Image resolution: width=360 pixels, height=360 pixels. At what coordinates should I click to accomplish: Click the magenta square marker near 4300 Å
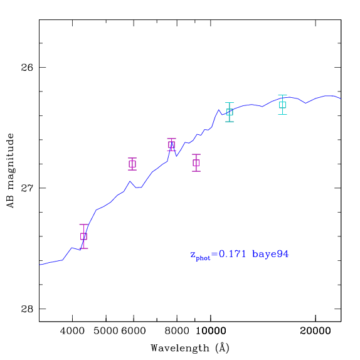83,236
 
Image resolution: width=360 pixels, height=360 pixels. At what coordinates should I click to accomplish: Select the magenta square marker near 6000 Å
132,164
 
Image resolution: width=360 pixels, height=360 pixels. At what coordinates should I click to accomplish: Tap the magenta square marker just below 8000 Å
171,145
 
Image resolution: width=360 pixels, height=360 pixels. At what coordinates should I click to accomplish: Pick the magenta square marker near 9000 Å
196,163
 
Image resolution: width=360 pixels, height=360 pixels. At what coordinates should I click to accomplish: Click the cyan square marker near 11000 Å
230,112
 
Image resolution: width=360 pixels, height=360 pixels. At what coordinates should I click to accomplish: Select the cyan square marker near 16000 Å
282,105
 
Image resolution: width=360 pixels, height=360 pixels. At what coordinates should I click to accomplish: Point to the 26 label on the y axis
27,68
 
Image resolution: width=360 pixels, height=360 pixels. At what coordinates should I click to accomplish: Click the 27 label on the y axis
27,188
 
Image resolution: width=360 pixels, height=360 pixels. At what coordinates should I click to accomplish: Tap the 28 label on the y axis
27,309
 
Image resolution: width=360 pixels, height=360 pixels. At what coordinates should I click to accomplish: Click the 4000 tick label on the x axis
72,331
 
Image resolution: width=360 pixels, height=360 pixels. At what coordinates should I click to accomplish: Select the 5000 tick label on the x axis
106,331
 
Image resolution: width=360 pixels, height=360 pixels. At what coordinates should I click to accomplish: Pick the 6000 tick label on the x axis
134,331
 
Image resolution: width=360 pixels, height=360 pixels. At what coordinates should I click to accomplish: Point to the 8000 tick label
177,331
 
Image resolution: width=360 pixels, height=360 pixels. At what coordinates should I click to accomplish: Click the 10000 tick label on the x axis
211,331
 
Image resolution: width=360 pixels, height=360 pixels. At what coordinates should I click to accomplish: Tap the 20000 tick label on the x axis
315,331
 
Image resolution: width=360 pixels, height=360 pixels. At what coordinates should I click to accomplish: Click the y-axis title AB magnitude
10,171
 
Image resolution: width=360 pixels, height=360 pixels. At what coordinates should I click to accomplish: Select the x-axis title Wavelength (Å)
190,348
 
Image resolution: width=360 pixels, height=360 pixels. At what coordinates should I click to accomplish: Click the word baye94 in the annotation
270,254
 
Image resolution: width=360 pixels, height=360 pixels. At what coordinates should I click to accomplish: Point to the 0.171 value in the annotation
232,254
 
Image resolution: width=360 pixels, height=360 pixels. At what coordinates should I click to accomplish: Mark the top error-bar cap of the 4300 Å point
83,225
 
